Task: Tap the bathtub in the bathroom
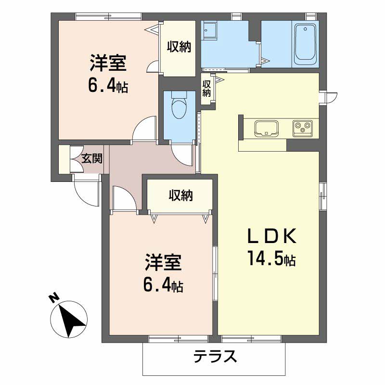[305, 44]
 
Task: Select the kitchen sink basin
[267, 128]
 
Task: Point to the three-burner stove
[302, 128]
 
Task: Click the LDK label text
[271, 236]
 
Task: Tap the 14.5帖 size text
[271, 258]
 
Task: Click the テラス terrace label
[215, 357]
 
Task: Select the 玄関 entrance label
[91, 158]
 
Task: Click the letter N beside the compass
[54, 297]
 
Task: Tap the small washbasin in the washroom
[210, 30]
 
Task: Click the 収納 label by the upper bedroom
[179, 47]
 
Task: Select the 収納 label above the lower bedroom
[181, 195]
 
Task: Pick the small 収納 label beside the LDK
[207, 89]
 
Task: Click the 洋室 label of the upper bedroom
[108, 63]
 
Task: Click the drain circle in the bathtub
[305, 29]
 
